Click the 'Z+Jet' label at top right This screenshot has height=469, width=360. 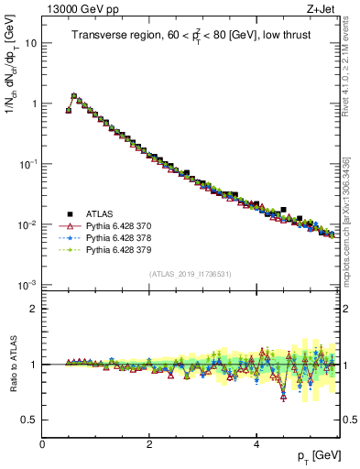pyautogui.click(x=321, y=9)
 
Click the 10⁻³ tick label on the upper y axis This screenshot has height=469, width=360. pyautogui.click(x=28, y=285)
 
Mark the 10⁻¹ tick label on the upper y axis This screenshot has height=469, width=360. pyautogui.click(x=28, y=164)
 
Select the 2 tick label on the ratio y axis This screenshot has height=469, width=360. pyautogui.click(x=35, y=309)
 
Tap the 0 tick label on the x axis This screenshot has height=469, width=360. pyautogui.click(x=42, y=444)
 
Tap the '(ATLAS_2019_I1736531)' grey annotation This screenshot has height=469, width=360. pyautogui.click(x=190, y=274)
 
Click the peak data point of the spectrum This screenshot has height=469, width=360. pyautogui.click(x=74, y=95)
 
